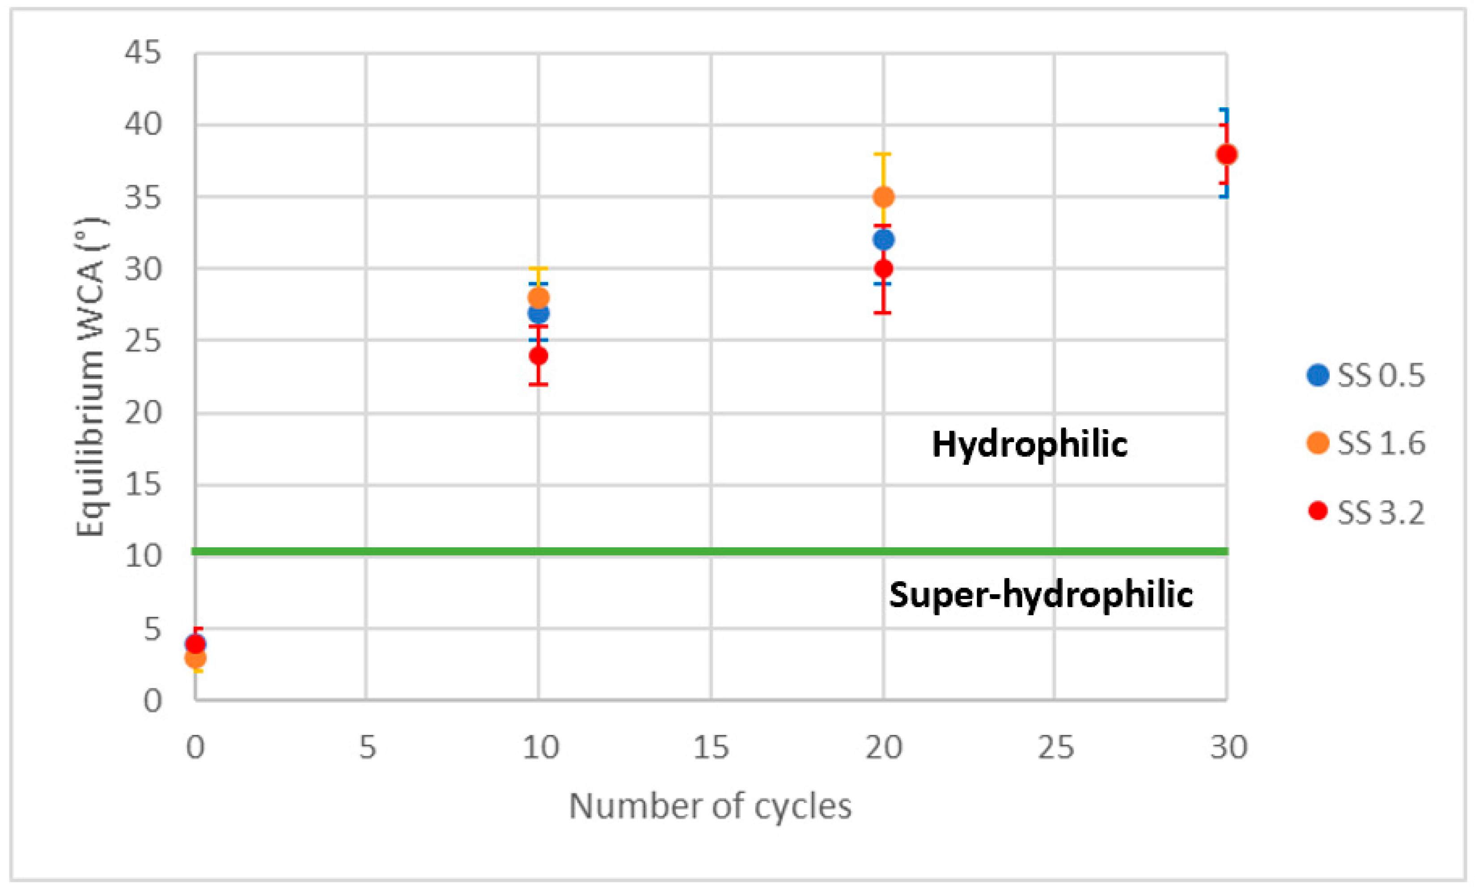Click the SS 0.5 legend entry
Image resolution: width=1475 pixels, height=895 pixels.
[1365, 376]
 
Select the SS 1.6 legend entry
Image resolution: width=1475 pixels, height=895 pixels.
[1365, 443]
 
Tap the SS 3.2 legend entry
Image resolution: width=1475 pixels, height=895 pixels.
[1365, 511]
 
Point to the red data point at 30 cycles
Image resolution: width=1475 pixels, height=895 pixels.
[1227, 154]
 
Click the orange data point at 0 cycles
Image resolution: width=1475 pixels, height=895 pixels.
[195, 658]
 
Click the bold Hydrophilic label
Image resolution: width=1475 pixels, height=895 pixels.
[1030, 444]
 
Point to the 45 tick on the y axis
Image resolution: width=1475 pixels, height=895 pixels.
[143, 53]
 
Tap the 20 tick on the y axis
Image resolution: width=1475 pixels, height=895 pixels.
[143, 413]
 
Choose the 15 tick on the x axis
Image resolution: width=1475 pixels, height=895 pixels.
[711, 747]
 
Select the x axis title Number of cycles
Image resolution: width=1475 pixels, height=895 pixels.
[710, 806]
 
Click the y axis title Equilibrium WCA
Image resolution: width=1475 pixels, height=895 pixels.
[91, 377]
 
